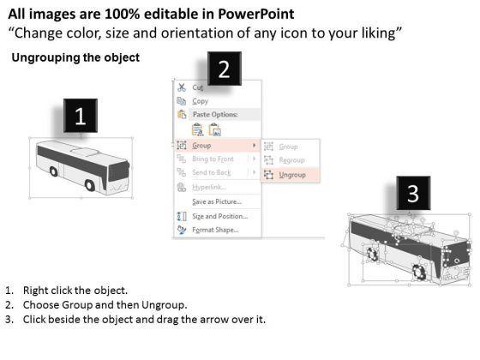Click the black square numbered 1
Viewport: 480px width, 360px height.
tap(81, 116)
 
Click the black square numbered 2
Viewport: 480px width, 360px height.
tap(225, 69)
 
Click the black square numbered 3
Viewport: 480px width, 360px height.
tap(413, 193)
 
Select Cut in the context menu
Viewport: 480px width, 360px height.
tap(198, 87)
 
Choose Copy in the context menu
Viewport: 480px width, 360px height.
tap(201, 101)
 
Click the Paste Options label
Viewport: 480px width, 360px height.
tap(215, 115)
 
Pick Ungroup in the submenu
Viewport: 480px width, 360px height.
tap(292, 175)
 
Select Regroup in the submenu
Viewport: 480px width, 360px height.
tap(292, 160)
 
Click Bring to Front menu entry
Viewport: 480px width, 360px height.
tap(213, 159)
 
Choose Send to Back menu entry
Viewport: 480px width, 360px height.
tap(212, 172)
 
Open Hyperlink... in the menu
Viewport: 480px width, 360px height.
tap(209, 187)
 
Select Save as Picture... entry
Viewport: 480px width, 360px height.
tap(217, 201)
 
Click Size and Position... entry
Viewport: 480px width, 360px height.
tap(219, 216)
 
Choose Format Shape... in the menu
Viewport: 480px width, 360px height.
tap(215, 230)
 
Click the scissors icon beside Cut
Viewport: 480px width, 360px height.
tap(182, 87)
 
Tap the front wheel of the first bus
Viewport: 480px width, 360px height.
tap(90, 185)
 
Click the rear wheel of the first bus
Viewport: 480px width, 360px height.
tap(53, 171)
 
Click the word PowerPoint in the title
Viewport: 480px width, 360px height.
tap(256, 14)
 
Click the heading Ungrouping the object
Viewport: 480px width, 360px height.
tap(75, 57)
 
